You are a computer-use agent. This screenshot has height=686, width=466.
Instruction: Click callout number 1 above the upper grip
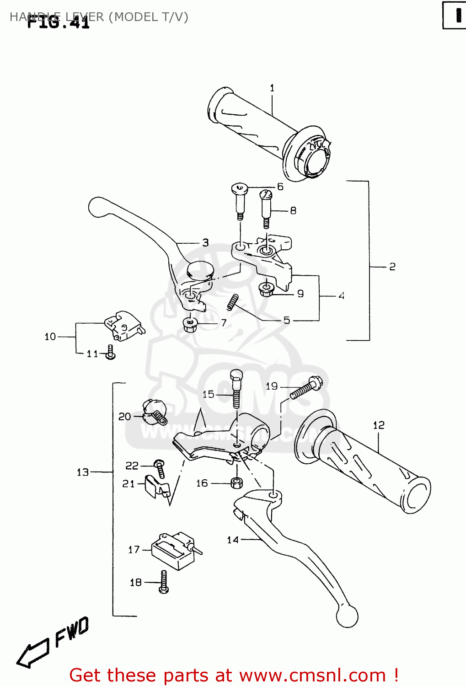272,88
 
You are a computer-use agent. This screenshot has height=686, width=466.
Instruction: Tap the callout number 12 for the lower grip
379,425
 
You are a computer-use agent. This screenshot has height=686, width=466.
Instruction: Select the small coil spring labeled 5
233,301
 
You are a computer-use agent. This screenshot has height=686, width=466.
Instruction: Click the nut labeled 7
190,325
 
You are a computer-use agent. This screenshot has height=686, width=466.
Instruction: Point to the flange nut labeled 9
266,289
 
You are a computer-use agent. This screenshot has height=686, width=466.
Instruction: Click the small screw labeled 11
110,352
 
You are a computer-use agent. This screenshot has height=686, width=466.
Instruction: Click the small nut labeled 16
236,482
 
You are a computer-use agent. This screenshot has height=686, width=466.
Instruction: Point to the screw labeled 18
164,582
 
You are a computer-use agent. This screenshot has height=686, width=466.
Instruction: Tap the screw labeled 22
159,469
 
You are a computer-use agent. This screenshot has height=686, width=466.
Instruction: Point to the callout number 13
83,472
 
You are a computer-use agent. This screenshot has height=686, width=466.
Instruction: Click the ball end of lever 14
347,616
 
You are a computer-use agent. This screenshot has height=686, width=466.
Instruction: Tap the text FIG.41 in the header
59,21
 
